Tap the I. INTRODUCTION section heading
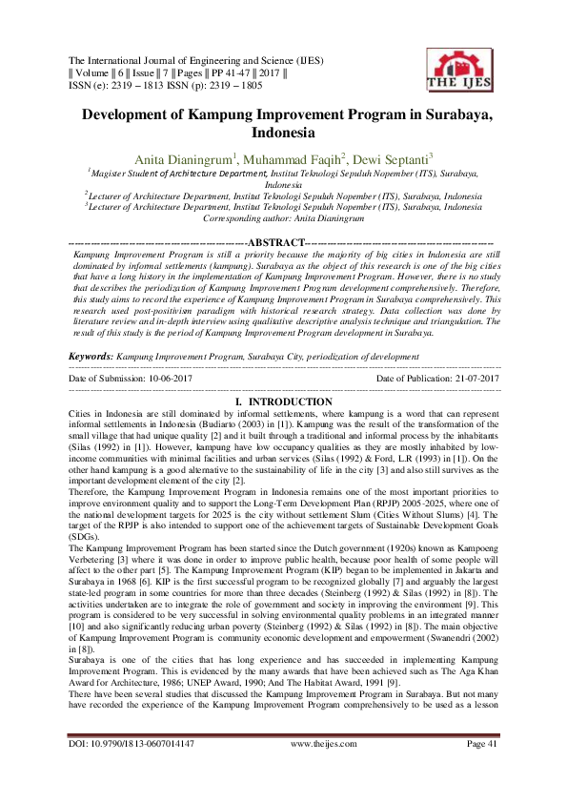point(283,402)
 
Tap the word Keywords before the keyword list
point(89,355)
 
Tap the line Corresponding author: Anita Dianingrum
point(283,217)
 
